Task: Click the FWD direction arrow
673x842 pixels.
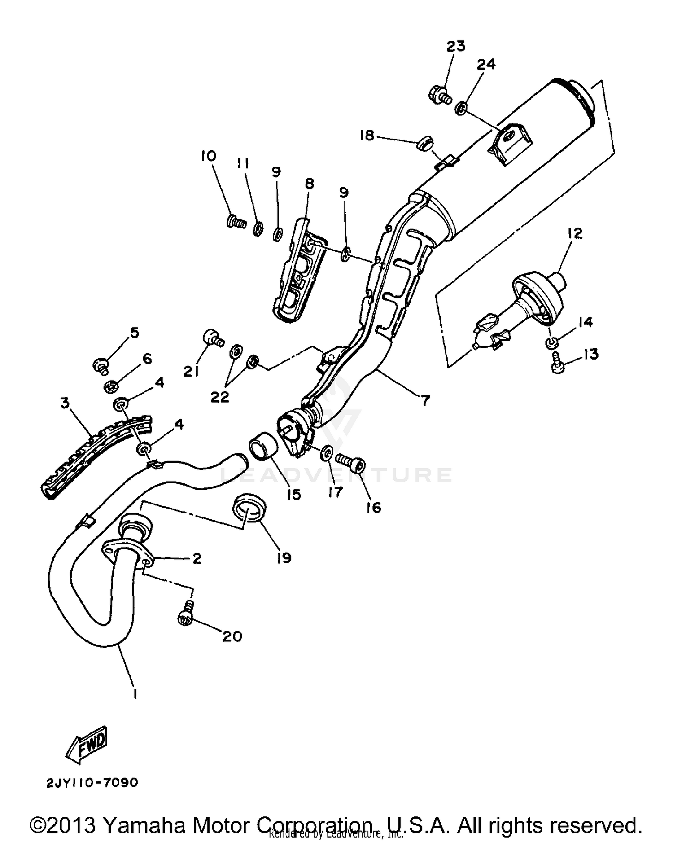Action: coord(87,745)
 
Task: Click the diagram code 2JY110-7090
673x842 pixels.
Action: coord(92,783)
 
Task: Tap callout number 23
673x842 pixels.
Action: coord(455,46)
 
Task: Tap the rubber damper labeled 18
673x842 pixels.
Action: coord(423,144)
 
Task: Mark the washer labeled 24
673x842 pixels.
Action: coord(461,108)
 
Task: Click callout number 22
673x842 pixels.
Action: coord(220,396)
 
